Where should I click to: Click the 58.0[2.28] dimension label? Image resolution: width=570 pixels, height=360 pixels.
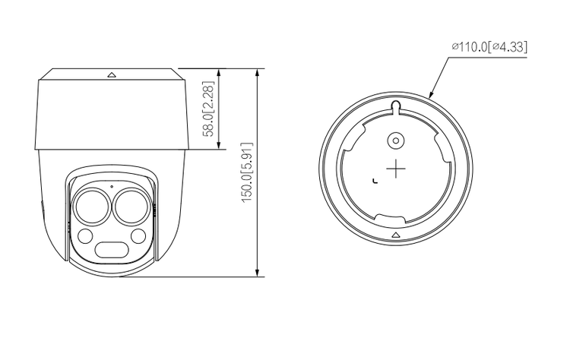click(x=209, y=109)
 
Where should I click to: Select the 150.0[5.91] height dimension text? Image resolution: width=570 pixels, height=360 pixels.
click(x=247, y=172)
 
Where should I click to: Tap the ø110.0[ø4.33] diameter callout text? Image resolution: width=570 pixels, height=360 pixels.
click(x=489, y=47)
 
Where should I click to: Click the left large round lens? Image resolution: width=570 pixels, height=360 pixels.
click(x=92, y=207)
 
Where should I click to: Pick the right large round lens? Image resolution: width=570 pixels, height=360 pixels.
click(x=131, y=207)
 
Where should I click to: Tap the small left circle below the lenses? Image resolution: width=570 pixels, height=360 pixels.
click(x=85, y=236)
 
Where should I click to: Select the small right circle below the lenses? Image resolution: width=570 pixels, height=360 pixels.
click(x=138, y=236)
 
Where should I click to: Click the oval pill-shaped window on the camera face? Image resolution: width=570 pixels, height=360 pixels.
click(x=112, y=250)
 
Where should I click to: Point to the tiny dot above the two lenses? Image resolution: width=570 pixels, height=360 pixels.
click(x=112, y=187)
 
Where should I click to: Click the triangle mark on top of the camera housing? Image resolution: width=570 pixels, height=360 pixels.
click(x=112, y=75)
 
